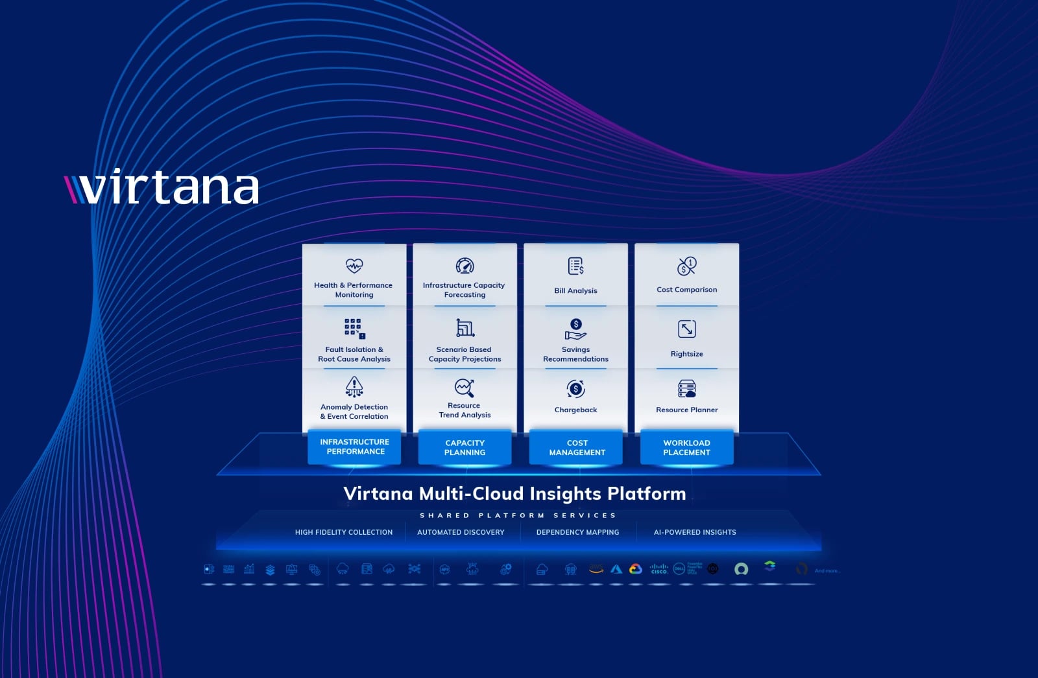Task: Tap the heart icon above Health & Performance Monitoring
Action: [354, 265]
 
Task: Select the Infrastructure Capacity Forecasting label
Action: [464, 290]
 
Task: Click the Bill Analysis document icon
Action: [576, 266]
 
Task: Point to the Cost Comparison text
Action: [686, 290]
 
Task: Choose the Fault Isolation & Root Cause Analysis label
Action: [354, 354]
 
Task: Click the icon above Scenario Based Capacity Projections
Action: [465, 328]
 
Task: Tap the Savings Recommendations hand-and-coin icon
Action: [575, 329]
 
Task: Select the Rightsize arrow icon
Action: [686, 329]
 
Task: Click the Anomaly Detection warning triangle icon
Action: [354, 386]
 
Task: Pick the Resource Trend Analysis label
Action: [465, 410]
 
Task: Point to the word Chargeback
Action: [575, 410]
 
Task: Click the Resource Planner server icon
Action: [686, 389]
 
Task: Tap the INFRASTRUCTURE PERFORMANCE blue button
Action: [354, 447]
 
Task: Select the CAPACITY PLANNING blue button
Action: [465, 447]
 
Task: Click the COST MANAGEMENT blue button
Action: [576, 447]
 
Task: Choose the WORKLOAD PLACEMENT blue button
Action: [686, 447]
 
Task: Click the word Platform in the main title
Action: [646, 494]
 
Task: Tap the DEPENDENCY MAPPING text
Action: [577, 532]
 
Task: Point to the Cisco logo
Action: [658, 568]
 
